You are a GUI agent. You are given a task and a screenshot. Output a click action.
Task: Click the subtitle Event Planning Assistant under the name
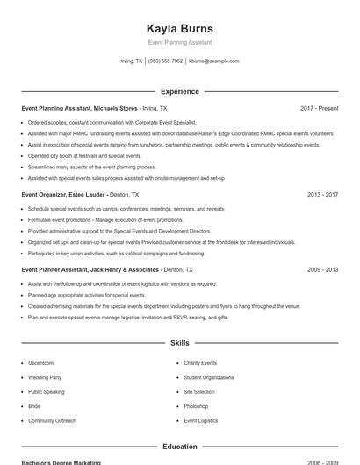tap(179, 42)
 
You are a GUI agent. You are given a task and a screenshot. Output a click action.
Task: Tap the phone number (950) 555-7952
tap(165, 61)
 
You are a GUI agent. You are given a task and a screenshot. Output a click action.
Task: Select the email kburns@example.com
tap(213, 61)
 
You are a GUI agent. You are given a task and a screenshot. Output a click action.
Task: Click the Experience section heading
tap(179, 91)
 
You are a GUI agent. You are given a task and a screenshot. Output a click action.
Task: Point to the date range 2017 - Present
tap(319, 108)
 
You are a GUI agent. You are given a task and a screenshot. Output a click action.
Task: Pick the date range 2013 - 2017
tap(322, 195)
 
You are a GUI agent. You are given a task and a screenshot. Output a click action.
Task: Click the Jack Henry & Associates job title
tap(90, 270)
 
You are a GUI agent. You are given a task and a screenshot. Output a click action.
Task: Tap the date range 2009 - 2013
tap(322, 270)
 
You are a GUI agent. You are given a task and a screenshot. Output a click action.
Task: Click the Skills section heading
tap(179, 343)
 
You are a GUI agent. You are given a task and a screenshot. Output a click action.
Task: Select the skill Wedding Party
tap(45, 377)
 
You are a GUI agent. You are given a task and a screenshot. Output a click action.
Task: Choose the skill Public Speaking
tap(47, 392)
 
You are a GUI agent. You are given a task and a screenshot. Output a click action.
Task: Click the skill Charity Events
tap(200, 363)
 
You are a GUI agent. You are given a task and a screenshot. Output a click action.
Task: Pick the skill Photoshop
tap(196, 406)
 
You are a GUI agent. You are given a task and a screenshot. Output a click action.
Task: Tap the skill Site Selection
tap(198, 392)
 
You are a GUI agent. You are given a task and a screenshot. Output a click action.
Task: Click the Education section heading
tap(179, 447)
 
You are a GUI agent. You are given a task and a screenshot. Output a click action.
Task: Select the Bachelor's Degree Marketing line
tap(61, 462)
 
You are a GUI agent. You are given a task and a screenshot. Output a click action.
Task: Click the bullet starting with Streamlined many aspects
tap(91, 167)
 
